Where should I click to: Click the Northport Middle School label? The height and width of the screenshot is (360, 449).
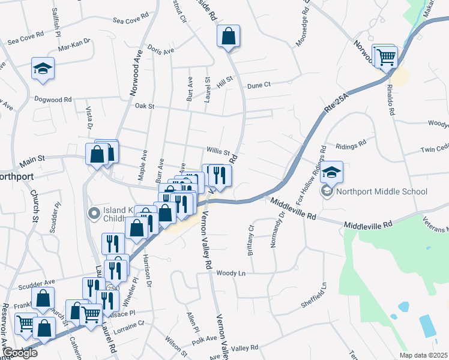point(381,192)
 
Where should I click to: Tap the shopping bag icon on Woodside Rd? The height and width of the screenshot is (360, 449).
point(228,37)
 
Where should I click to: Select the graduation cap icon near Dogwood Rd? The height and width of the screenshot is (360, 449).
point(43,69)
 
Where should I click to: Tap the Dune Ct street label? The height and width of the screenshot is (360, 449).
point(259,85)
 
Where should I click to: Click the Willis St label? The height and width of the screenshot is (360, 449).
point(218,152)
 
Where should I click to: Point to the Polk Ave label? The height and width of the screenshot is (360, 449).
point(203,339)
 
